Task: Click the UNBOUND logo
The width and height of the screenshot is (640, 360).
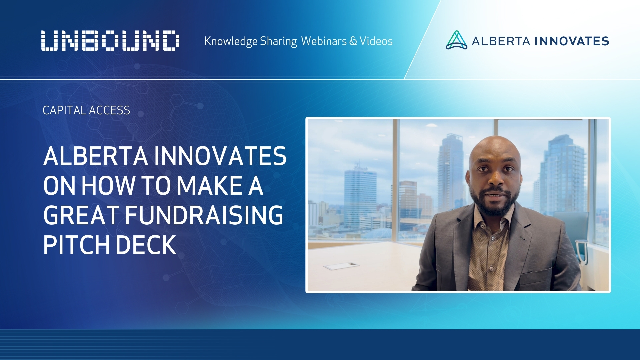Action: [x=110, y=41]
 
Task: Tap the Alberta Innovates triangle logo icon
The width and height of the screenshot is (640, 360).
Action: [x=456, y=40]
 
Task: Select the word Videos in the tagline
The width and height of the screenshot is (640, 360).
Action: [x=376, y=41]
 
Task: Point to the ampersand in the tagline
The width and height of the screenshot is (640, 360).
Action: [x=353, y=41]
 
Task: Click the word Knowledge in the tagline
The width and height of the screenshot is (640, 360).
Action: [x=231, y=41]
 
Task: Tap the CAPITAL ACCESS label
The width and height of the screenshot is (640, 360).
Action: [x=86, y=110]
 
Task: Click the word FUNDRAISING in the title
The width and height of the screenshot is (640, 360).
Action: [x=204, y=215]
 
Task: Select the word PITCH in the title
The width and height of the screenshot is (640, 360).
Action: [x=76, y=245]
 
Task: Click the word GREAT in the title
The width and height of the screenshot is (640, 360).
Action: [x=81, y=215]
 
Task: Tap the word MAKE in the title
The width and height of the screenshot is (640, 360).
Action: [x=210, y=186]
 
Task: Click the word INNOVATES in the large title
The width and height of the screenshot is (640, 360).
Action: [x=220, y=156]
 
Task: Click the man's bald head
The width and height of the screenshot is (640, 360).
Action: [x=494, y=147]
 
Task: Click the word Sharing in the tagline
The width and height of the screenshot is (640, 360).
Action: [x=278, y=41]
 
